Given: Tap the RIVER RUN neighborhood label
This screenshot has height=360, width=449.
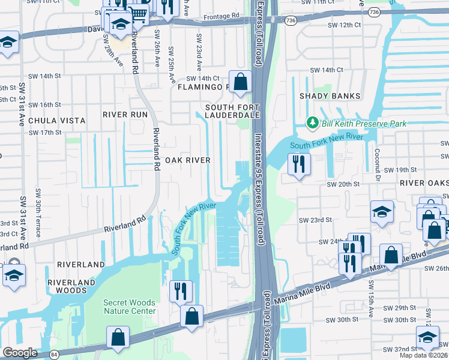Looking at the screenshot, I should click(x=125, y=115).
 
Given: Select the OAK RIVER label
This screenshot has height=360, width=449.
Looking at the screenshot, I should click(x=188, y=160).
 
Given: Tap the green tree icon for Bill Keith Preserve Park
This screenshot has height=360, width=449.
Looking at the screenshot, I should click(x=312, y=123).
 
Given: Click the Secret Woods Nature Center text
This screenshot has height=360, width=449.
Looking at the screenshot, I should click(x=129, y=307).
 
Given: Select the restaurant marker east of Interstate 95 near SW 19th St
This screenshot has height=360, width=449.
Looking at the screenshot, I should click(x=299, y=163).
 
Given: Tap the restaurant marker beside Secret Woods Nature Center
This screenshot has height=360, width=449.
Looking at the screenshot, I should click(x=181, y=291).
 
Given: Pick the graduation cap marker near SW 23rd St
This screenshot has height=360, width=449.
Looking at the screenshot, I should click(x=382, y=212).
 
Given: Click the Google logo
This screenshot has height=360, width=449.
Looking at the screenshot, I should click(x=20, y=353).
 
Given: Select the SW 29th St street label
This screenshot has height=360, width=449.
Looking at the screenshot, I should click(x=399, y=307).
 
